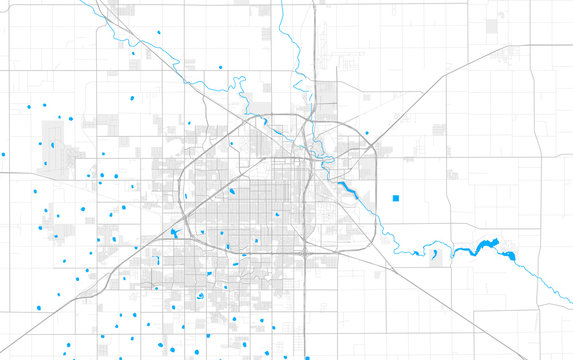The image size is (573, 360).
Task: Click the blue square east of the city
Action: [x=396, y=197]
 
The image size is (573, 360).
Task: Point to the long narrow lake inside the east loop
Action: [x=348, y=186]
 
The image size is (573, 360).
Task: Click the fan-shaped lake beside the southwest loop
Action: [x=176, y=235]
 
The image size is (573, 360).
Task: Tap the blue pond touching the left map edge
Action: [x=3, y=155]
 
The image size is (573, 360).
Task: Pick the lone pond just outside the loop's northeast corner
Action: [x=366, y=133]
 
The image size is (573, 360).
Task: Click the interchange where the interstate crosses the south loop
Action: [x=303, y=250]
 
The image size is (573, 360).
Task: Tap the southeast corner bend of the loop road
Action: [x=370, y=235]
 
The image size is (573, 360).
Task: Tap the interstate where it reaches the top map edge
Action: [x=314, y=3]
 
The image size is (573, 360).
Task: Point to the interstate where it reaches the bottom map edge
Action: [x=301, y=356]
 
